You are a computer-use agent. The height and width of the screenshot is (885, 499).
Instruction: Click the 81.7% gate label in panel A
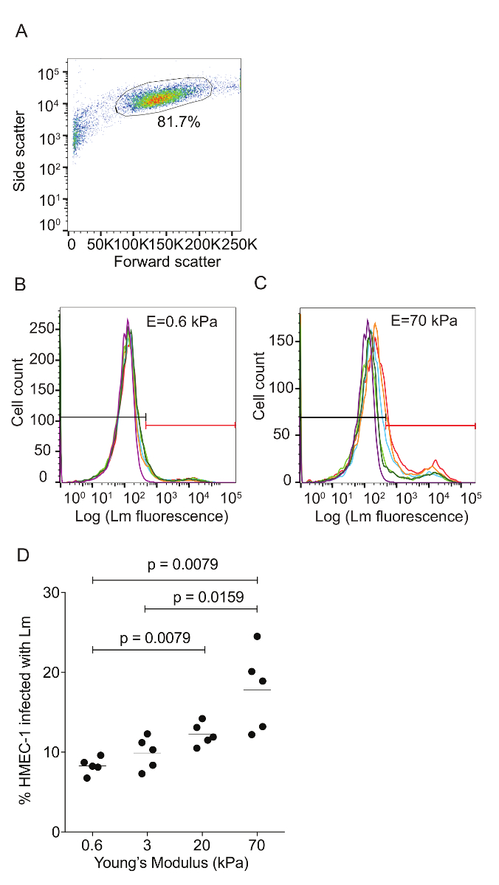coord(179,122)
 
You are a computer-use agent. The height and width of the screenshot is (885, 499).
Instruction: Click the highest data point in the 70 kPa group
coord(257,636)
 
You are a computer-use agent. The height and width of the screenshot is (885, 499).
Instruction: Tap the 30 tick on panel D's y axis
coord(51,592)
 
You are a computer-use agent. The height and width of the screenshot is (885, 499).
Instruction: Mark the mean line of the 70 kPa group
coord(257,690)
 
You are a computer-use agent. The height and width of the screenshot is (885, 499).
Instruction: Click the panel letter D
coord(22,554)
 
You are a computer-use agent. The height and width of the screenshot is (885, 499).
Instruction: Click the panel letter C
coord(259,284)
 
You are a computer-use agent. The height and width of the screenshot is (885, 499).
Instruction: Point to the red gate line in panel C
coord(431,426)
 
